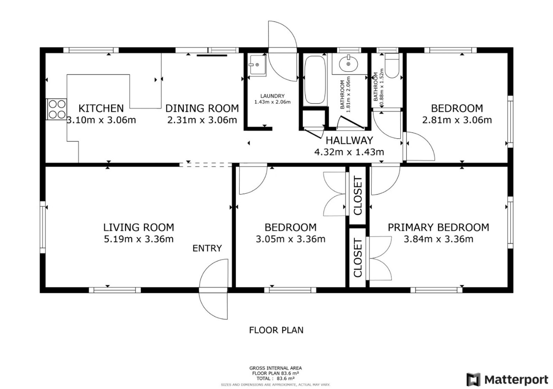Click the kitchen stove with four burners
coord(57,109)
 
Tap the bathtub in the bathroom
coord(315,80)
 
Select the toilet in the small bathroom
coord(392,65)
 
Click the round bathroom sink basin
coord(348,64)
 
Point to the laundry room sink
coord(258,65)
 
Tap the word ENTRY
coord(207,248)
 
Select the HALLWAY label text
coord(349,140)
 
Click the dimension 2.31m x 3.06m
coord(202,120)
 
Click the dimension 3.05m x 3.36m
coord(291,239)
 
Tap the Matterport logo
coord(507,379)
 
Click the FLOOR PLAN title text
coord(276,330)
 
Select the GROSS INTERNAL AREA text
coord(275,368)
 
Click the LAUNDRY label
coord(273,96)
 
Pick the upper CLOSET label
coord(358,195)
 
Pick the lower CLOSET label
coord(358,257)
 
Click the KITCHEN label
coord(101,109)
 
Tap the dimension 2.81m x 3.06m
coord(457,120)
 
